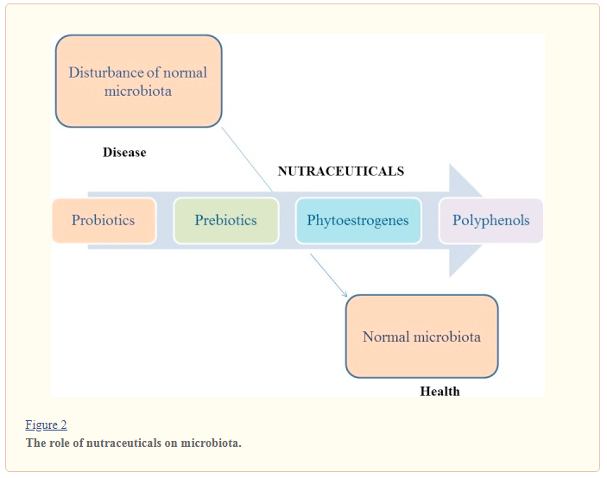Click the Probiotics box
click(104, 220)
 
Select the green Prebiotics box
click(225, 220)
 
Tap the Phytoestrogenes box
click(357, 220)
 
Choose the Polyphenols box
click(491, 220)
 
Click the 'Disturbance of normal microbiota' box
click(138, 81)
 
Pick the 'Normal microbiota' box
click(421, 336)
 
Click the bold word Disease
click(124, 153)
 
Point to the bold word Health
click(439, 392)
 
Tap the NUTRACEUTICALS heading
click(340, 172)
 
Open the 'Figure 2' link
click(46, 425)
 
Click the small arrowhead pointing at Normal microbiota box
click(344, 294)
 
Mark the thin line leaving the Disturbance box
click(246, 155)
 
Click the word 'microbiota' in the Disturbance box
click(138, 91)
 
